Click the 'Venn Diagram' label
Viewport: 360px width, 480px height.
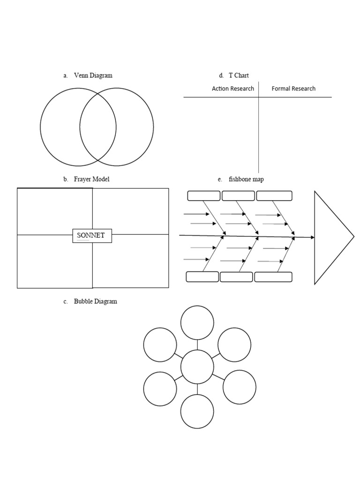point(93,75)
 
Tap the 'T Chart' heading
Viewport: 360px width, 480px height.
point(239,75)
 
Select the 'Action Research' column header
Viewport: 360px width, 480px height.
point(233,89)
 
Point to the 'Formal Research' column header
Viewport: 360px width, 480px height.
point(293,89)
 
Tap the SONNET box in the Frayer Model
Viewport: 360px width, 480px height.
point(92,235)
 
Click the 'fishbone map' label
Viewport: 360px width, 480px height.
point(246,179)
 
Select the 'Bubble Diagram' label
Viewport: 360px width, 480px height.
point(95,301)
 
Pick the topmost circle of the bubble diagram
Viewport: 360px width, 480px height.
point(197,322)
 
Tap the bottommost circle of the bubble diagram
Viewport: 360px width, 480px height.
point(197,412)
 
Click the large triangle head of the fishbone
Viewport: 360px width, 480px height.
point(330,237)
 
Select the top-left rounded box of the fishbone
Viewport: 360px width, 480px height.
point(203,196)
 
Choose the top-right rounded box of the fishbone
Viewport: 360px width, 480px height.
point(274,196)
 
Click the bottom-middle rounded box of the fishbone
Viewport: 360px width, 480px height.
point(236,277)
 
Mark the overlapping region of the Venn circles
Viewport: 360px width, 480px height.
point(98,127)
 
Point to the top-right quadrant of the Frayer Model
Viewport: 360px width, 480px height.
point(130,211)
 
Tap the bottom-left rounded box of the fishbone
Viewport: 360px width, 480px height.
point(202,277)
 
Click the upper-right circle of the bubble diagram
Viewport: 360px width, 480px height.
point(234,345)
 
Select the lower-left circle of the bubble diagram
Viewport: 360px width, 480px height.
point(160,389)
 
